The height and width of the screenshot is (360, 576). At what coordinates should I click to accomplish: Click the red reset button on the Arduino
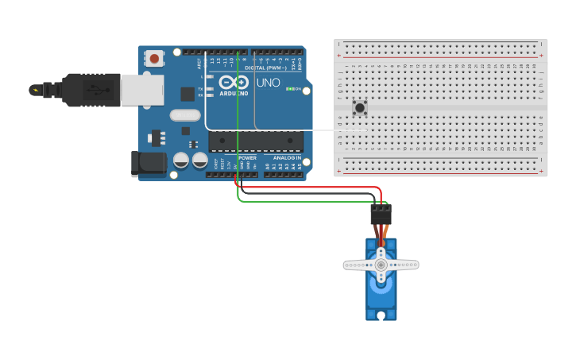[154, 58]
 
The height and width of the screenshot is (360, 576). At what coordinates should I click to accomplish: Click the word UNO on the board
[268, 83]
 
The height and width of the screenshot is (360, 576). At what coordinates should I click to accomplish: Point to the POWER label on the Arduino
[247, 157]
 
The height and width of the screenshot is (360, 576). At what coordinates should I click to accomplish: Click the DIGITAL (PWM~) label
[266, 68]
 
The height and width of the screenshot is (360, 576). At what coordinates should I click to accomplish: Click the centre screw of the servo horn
[381, 265]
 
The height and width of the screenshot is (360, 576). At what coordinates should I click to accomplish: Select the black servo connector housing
[381, 215]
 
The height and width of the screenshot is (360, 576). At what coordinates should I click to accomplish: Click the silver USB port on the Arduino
[143, 90]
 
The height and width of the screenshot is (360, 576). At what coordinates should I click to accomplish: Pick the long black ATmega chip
[256, 141]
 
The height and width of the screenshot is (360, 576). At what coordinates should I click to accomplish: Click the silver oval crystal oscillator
[184, 114]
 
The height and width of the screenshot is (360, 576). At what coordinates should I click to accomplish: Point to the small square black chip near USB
[187, 94]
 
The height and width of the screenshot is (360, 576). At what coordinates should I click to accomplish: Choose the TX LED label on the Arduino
[200, 88]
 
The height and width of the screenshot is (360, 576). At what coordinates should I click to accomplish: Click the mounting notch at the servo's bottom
[381, 316]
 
